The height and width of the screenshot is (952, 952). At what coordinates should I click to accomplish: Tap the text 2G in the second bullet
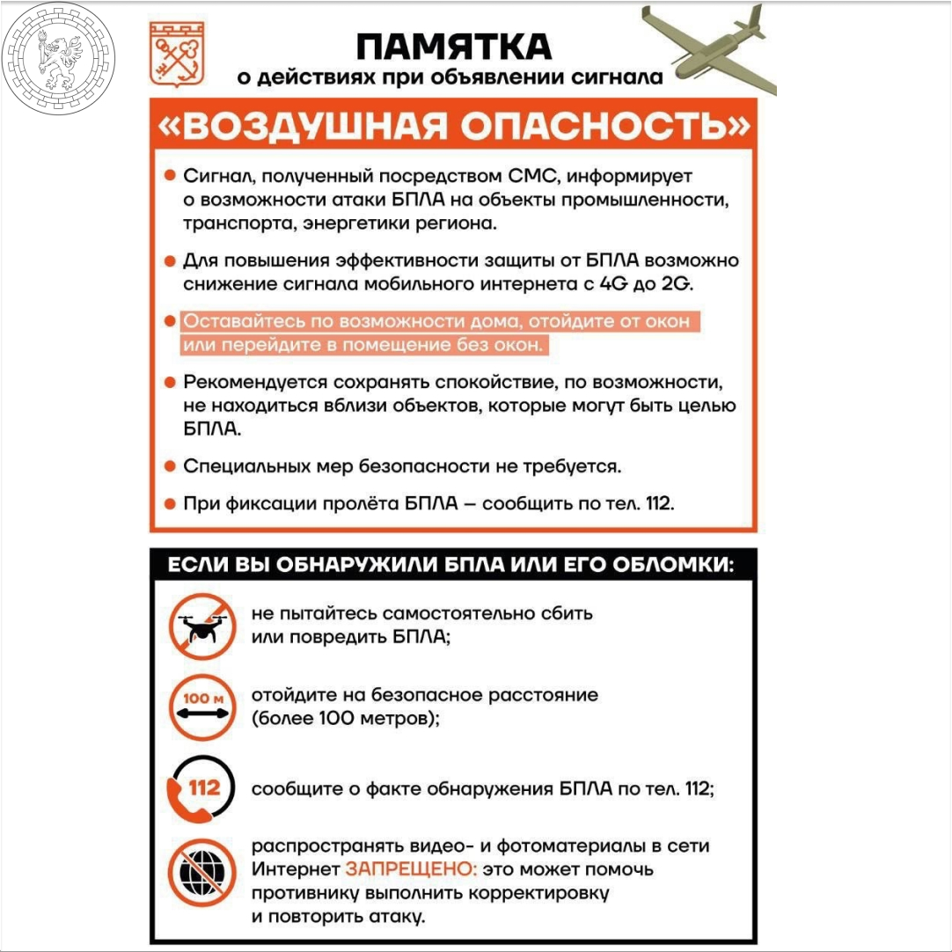pyautogui.click(x=672, y=283)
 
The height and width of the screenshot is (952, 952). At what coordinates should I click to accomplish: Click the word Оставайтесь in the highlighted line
pyautogui.click(x=236, y=322)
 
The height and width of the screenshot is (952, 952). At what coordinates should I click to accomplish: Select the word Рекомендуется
pyautogui.click(x=254, y=383)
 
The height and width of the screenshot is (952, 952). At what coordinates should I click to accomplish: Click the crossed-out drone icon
pyautogui.click(x=201, y=625)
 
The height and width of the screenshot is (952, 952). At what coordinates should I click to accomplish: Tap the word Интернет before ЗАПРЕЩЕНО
pyautogui.click(x=295, y=869)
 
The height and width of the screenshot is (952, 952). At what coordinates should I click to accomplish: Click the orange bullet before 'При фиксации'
pyautogui.click(x=170, y=504)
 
